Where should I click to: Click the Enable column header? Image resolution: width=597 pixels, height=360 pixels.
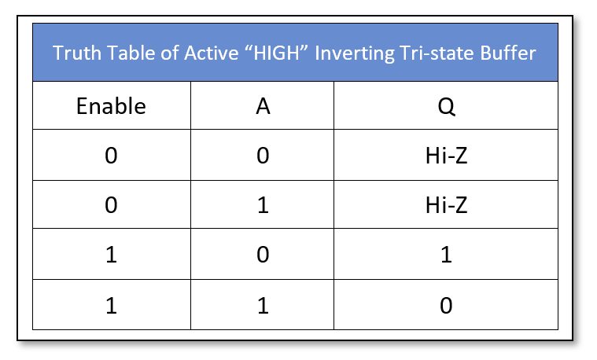pyautogui.click(x=111, y=106)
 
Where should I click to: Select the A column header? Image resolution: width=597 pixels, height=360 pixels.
pyautogui.click(x=263, y=106)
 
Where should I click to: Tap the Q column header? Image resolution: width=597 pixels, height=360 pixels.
pyautogui.click(x=446, y=107)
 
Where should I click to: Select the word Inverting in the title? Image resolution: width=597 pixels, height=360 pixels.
pyautogui.click(x=355, y=53)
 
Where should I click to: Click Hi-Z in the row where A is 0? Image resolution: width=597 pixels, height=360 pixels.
pyautogui.click(x=446, y=156)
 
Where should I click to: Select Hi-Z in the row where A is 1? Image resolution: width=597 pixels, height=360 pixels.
pyautogui.click(x=446, y=205)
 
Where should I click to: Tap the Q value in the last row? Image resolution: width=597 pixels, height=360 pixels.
pyautogui.click(x=446, y=306)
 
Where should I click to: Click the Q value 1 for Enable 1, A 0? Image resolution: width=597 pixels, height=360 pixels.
pyautogui.click(x=446, y=255)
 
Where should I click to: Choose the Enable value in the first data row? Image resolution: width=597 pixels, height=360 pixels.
pyautogui.click(x=111, y=156)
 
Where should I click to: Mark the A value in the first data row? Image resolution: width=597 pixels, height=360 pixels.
pyautogui.click(x=263, y=156)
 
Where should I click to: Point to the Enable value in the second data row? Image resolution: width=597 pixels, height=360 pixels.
pyautogui.click(x=111, y=205)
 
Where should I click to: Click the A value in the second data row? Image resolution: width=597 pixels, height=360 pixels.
pyautogui.click(x=263, y=205)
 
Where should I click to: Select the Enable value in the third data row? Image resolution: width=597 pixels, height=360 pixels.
pyautogui.click(x=111, y=255)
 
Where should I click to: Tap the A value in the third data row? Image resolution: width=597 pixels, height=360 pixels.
pyautogui.click(x=263, y=255)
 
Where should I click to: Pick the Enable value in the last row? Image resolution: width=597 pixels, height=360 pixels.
pyautogui.click(x=111, y=306)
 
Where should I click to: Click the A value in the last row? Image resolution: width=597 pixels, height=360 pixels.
pyautogui.click(x=263, y=306)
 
